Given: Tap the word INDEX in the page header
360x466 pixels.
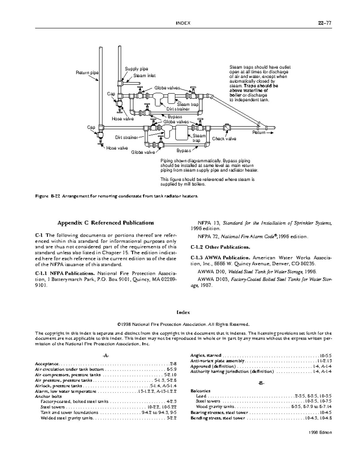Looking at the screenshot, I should pos(183,23).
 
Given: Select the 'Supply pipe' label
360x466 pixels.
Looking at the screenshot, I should pos(136,69).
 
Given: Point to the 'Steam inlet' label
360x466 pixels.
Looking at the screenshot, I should pos(144,76).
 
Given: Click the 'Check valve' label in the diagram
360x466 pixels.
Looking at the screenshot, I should pos(224,139).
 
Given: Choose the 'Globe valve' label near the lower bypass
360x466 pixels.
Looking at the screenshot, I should pos(143,152).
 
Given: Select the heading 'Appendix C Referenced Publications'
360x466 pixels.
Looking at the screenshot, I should pos(106,223).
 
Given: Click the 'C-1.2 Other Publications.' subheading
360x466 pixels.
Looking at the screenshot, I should pos(220,247).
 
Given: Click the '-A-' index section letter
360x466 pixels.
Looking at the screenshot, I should pos(106,356).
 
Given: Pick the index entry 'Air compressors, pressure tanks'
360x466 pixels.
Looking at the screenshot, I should pos(68,375).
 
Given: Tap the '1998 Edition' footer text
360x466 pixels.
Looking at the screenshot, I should pos(320,432).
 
